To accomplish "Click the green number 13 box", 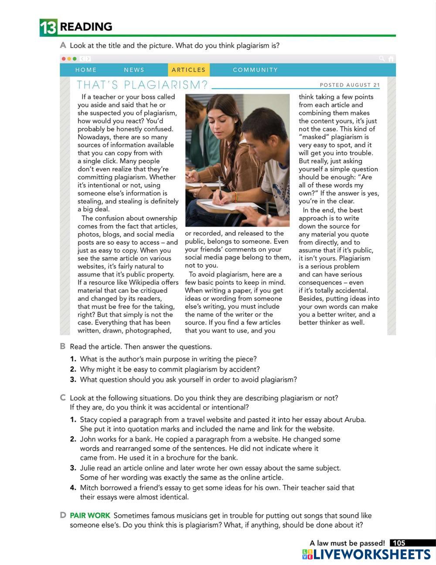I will pos(48,28).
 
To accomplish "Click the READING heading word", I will pos(86,27).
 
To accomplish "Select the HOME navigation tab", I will pos(86,70).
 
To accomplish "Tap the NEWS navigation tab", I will pos(134,70).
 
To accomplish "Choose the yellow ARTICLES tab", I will pos(188,70).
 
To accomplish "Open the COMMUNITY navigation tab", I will pos(255,70).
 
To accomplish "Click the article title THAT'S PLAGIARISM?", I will pos(142,85).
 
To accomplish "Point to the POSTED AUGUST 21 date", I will pos(350,85).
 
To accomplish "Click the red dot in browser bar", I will pos(64,59).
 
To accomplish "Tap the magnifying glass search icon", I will pos(382,59).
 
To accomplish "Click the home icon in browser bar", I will pos(391,59).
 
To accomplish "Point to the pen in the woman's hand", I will pos(220,186).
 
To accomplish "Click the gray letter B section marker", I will pos(63,347).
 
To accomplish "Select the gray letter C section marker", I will pos(63,398).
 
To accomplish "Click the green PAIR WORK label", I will pos(90,516).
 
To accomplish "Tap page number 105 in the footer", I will pos(399,543).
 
